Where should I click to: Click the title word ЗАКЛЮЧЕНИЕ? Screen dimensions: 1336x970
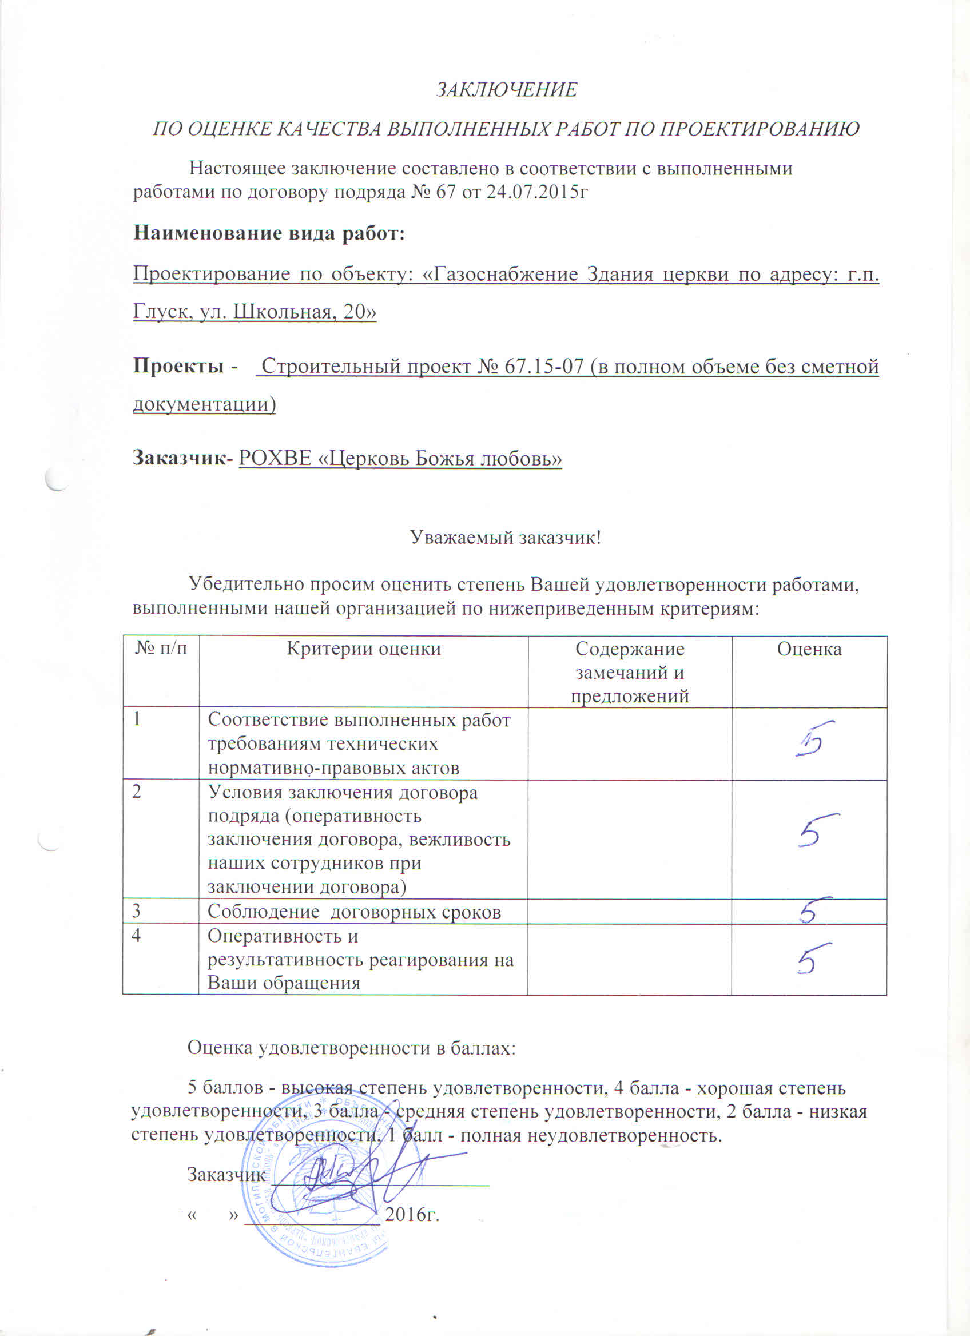tap(507, 90)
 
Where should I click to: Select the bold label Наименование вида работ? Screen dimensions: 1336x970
tap(269, 233)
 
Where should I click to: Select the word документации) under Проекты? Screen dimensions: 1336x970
tap(204, 404)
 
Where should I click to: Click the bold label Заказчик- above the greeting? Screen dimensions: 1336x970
tap(183, 458)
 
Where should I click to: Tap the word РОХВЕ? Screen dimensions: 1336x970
tap(275, 458)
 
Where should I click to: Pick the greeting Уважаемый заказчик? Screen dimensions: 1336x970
tap(506, 537)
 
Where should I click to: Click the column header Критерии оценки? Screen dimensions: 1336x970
tap(363, 649)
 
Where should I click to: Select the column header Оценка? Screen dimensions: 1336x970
tap(809, 649)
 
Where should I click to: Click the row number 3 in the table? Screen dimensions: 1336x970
tap(137, 911)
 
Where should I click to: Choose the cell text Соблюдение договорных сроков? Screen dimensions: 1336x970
tap(354, 912)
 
